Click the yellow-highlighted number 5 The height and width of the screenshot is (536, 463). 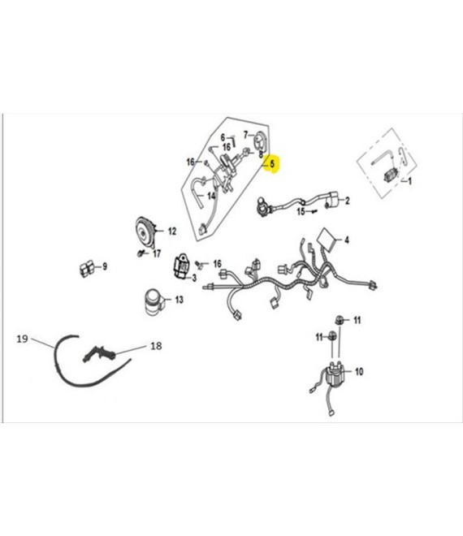pyautogui.click(x=272, y=164)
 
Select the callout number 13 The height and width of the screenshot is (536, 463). pyautogui.click(x=180, y=300)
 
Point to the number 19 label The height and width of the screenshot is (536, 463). pyautogui.click(x=22, y=339)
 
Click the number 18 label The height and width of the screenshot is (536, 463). pyautogui.click(x=156, y=346)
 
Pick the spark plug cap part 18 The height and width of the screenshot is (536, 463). pyautogui.click(x=98, y=353)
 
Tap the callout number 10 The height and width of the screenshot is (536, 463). pyautogui.click(x=359, y=372)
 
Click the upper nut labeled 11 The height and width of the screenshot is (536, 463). pyautogui.click(x=340, y=320)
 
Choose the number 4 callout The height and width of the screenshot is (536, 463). pyautogui.click(x=347, y=240)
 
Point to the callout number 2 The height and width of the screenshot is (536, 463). pyautogui.click(x=348, y=201)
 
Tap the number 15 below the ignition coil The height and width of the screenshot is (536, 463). pyautogui.click(x=301, y=212)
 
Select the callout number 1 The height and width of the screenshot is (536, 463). pyautogui.click(x=409, y=181)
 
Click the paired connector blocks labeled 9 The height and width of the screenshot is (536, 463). pyautogui.click(x=87, y=268)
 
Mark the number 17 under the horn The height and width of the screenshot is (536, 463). pyautogui.click(x=157, y=254)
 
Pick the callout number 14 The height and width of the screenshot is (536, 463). pyautogui.click(x=212, y=196)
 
